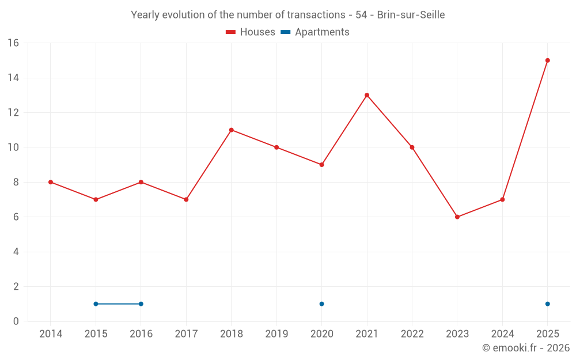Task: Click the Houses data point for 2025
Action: tap(547, 60)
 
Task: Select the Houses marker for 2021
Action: tap(366, 95)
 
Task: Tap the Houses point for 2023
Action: tap(457, 217)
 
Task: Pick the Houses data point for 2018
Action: tap(231, 130)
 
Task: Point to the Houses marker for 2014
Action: tap(50, 182)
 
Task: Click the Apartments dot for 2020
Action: tap(321, 304)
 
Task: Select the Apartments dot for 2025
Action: tap(547, 304)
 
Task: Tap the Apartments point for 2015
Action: tap(96, 304)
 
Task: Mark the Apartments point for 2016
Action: tap(141, 304)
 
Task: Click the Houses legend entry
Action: tap(251, 32)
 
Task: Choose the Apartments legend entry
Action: tap(315, 32)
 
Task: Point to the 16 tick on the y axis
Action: tap(13, 43)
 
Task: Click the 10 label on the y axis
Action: tap(13, 147)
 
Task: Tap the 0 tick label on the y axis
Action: tap(16, 321)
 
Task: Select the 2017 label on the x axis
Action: tap(186, 334)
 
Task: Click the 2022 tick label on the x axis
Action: tap(412, 334)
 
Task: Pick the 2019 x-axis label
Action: tap(276, 334)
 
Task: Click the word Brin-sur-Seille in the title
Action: tap(411, 15)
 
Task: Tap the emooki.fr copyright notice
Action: tap(526, 347)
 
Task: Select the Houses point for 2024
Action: tap(502, 199)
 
